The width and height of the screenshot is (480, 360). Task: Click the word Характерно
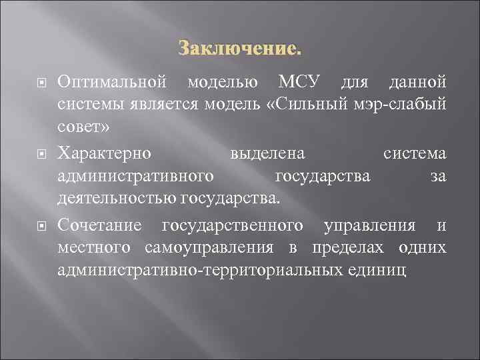coord(104,154)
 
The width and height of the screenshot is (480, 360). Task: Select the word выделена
coord(267,154)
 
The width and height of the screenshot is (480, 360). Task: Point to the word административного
coord(136,176)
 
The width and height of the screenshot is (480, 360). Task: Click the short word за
coord(438,176)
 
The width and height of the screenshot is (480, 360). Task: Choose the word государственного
coord(233,226)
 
